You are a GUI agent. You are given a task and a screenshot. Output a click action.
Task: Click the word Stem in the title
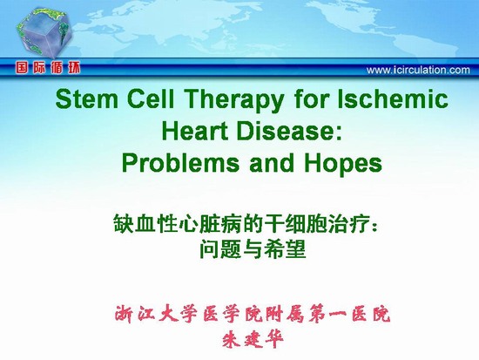[x=87, y=99]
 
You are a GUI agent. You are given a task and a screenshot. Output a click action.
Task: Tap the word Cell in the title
[x=151, y=99]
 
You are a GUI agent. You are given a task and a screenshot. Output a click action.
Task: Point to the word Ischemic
[x=393, y=99]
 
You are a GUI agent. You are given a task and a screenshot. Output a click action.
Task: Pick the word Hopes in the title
[x=343, y=164]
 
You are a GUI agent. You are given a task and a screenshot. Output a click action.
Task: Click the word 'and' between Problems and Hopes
[x=272, y=162]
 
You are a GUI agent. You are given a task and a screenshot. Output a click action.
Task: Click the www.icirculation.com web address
[x=418, y=70]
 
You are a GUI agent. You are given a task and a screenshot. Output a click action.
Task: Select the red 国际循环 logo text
[x=48, y=68]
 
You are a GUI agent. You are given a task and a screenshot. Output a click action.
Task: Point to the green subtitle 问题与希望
[x=253, y=249]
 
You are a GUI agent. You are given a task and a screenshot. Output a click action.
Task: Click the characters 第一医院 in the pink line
[x=349, y=314]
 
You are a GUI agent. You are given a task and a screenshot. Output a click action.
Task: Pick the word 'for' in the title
[x=310, y=99]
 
